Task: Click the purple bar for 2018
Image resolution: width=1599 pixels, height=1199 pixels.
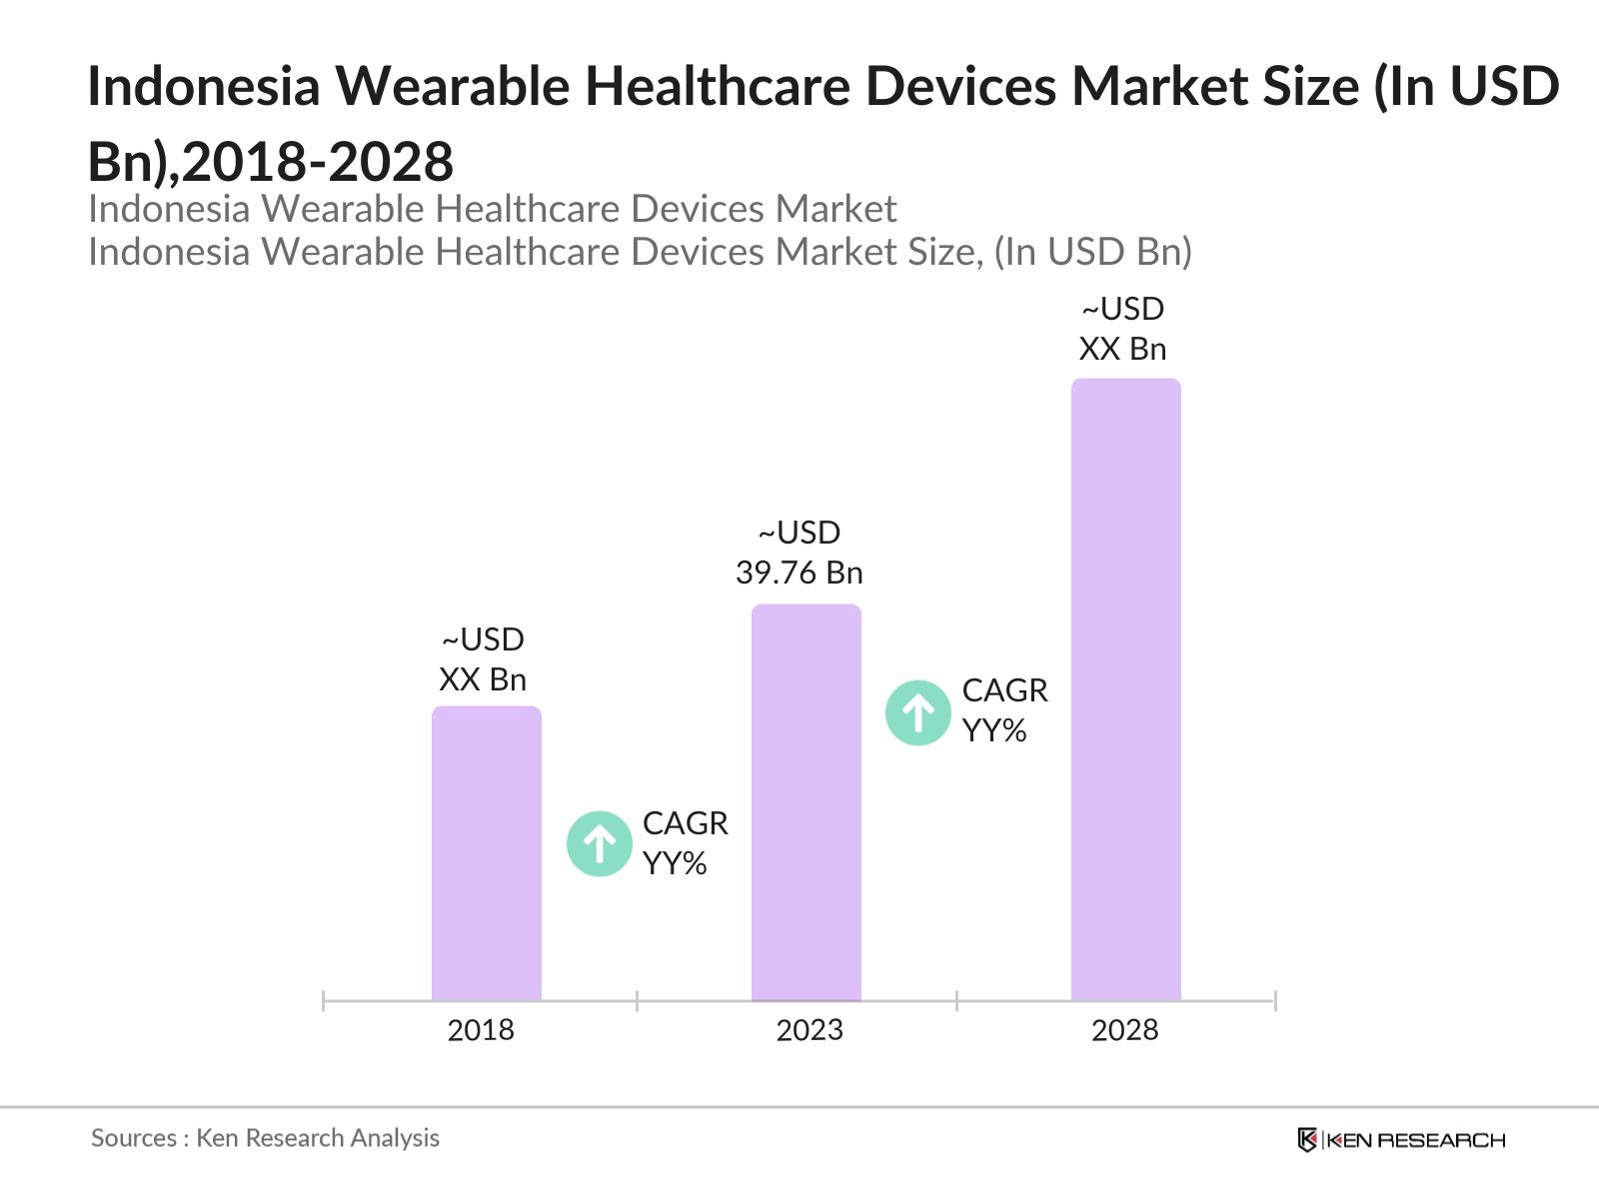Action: click(487, 854)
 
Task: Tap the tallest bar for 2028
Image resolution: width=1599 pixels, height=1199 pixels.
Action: click(1126, 689)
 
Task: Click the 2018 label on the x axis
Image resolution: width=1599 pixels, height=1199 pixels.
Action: click(481, 1030)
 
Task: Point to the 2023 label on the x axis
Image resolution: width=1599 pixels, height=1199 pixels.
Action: click(809, 1030)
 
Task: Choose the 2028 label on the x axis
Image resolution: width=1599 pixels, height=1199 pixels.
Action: click(1124, 1030)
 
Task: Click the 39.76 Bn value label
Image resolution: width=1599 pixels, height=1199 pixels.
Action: click(799, 573)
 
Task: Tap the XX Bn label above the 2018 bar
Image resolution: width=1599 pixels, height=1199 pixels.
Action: click(483, 679)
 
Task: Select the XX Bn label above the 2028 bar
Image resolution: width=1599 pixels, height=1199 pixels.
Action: click(1122, 349)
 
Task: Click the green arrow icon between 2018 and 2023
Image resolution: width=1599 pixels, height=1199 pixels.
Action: click(600, 844)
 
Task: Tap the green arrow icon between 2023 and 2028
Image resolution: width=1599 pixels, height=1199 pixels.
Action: click(918, 712)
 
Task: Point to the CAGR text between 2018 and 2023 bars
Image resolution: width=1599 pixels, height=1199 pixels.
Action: click(685, 823)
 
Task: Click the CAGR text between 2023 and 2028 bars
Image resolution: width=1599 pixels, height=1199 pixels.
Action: click(1004, 690)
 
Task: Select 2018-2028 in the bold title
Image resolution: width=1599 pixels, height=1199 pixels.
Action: click(318, 162)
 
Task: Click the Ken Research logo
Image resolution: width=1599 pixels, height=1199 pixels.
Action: click(1401, 1140)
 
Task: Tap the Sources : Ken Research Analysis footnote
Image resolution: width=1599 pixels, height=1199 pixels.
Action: click(265, 1138)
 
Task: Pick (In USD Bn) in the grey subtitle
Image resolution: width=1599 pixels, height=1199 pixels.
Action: click(1092, 252)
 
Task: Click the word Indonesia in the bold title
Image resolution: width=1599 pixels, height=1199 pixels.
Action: click(204, 86)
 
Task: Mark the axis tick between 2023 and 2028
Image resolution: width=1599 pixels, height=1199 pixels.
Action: click(956, 1000)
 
